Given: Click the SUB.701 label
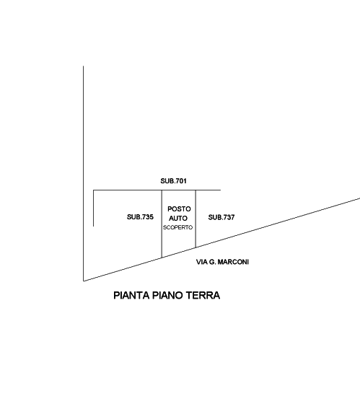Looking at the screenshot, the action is (173, 181).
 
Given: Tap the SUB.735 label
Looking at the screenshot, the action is (140, 217).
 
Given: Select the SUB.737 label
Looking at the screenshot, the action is (221, 217).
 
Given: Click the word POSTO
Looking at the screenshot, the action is (179, 209).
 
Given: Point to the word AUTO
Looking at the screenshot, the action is (178, 218).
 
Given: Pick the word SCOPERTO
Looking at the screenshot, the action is (177, 227).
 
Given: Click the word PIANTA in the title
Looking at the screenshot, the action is (132, 295).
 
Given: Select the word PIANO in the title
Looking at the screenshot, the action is (168, 295).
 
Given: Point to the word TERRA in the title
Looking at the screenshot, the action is (203, 295).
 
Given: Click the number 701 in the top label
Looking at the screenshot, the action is (181, 181).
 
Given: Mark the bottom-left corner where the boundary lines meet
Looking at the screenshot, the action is (84, 281).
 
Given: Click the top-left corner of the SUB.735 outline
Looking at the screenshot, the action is (93, 190).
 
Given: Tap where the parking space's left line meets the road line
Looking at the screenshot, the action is (162, 258).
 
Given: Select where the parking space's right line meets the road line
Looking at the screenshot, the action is (196, 247).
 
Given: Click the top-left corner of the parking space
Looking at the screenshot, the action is (162, 190).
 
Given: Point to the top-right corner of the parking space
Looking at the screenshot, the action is (196, 190).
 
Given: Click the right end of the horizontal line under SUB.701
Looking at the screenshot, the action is (221, 190).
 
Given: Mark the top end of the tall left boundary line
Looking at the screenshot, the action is (83, 66).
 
